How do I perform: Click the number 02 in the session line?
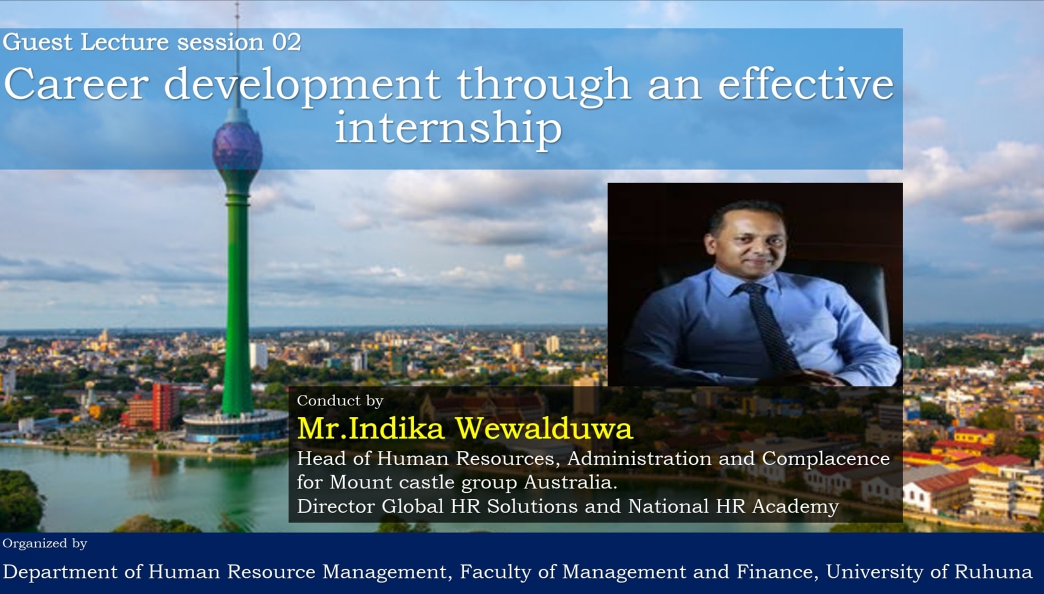pos(287,42)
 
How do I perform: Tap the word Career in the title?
pos(76,84)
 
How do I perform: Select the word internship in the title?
pos(448,128)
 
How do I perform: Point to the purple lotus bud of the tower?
pos(237,147)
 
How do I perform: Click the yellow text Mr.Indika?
pos(370,428)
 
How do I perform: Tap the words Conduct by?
pos(340,400)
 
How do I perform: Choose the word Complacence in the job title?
pos(826,459)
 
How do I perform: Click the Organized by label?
pos(45,543)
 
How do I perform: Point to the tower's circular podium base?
pos(235,426)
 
